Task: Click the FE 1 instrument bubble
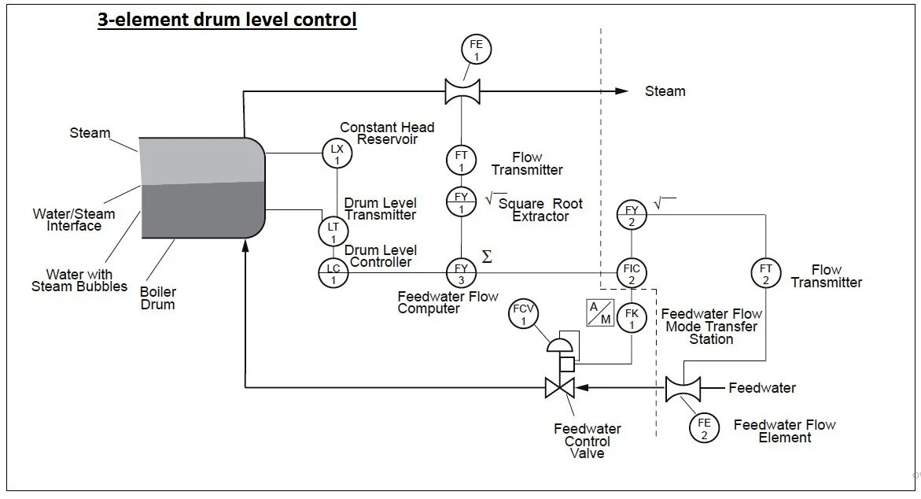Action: pyautogui.click(x=476, y=50)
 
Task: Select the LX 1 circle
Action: pyautogui.click(x=336, y=153)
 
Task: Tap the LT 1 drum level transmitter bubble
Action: pyautogui.click(x=333, y=231)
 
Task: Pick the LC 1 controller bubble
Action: pyautogui.click(x=333, y=273)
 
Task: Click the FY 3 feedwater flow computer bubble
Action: pyautogui.click(x=461, y=273)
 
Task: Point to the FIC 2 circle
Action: pyautogui.click(x=632, y=273)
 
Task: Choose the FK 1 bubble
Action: pyautogui.click(x=632, y=317)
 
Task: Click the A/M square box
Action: pyautogui.click(x=599, y=312)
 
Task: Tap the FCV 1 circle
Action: pyautogui.click(x=524, y=314)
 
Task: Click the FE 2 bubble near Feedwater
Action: pyautogui.click(x=704, y=428)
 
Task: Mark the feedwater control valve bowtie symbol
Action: pyautogui.click(x=560, y=387)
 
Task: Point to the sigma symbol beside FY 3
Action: pyautogui.click(x=487, y=257)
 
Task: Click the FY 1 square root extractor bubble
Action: pyautogui.click(x=461, y=201)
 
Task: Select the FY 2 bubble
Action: pyautogui.click(x=632, y=214)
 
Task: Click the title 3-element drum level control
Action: pyautogui.click(x=227, y=19)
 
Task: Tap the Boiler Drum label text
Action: pyautogui.click(x=157, y=298)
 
